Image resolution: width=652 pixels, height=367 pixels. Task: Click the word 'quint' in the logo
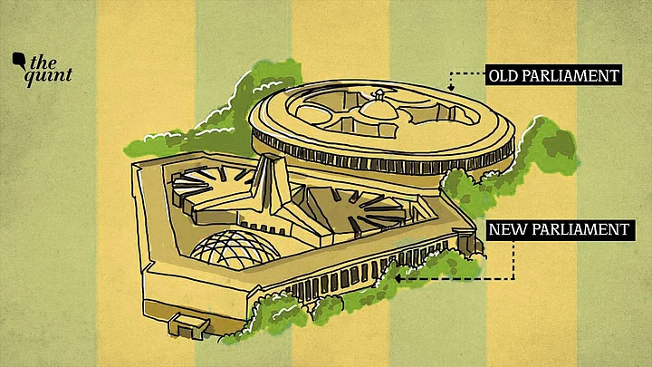click(48, 76)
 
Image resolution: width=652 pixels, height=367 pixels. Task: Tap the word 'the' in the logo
click(43, 63)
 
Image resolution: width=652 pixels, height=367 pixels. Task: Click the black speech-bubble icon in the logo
click(19, 61)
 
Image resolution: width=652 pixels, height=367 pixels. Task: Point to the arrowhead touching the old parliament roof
click(451, 88)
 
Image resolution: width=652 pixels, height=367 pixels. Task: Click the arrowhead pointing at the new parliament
click(398, 278)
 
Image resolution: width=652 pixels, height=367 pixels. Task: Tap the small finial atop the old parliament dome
click(379, 94)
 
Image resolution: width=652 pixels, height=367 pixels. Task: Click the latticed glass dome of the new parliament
click(235, 249)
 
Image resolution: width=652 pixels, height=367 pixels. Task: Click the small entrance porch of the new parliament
click(188, 324)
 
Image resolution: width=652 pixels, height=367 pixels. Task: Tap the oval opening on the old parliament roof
click(312, 114)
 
